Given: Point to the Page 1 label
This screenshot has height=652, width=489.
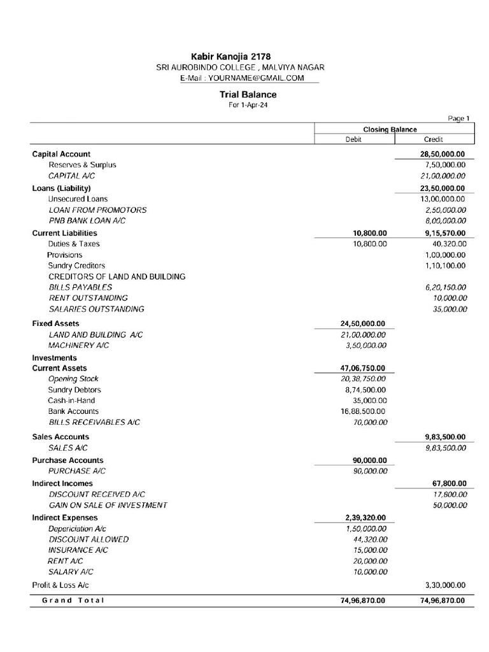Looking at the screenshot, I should coord(458,118).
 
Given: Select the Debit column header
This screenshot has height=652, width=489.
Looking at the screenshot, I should coord(353,139).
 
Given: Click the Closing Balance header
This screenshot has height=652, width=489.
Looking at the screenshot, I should coord(390,129).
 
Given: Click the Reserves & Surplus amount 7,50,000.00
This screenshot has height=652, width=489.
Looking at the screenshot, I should coord(444,165).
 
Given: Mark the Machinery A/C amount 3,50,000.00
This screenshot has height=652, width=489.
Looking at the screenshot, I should coord(364,345).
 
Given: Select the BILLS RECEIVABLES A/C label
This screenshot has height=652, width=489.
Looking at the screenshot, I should coord(94,422).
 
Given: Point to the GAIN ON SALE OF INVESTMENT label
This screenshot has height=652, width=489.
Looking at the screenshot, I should coord(108,505).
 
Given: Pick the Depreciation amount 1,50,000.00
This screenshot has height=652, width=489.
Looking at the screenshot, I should coord(364,529).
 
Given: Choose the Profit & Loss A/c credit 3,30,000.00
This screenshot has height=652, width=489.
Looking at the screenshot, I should coord(444,585).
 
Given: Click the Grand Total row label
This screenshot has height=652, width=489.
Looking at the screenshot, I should coord(73,600).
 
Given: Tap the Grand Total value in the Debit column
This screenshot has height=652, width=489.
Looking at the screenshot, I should coord(362,600).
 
